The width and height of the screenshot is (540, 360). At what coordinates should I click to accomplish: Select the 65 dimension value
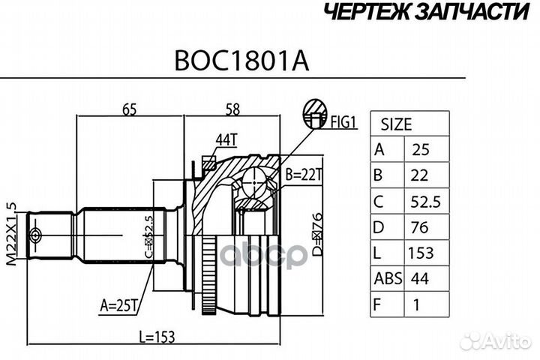(128, 109)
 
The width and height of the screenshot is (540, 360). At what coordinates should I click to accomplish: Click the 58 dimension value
(232, 109)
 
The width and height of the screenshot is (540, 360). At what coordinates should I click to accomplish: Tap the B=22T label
(304, 175)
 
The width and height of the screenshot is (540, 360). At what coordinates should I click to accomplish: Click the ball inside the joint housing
(256, 184)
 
